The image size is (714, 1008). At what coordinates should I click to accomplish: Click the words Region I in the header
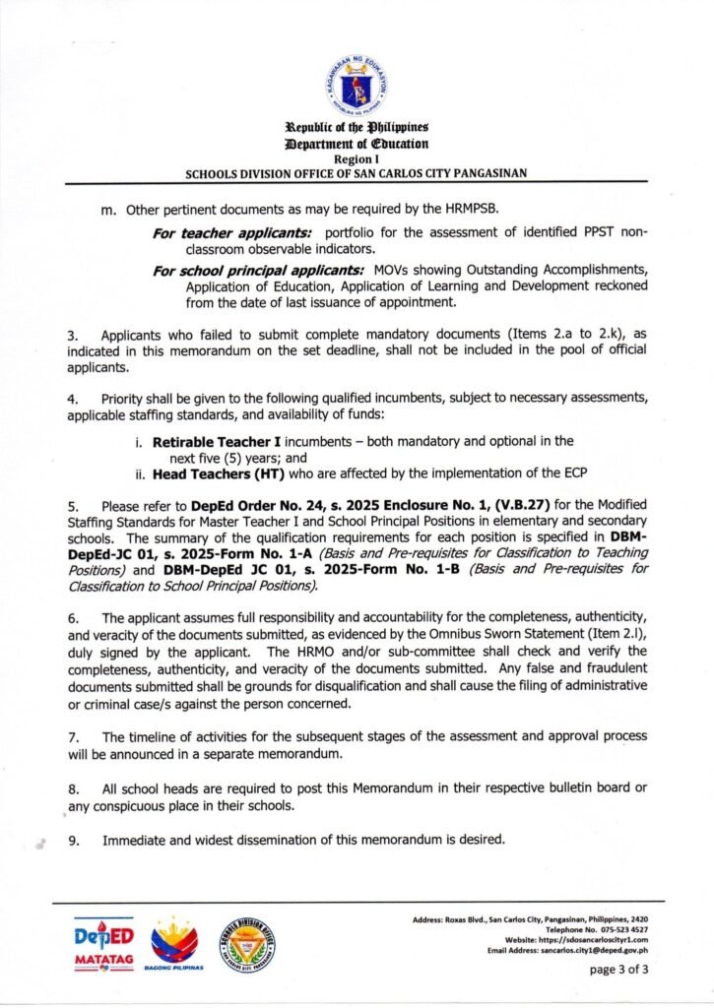(x=357, y=158)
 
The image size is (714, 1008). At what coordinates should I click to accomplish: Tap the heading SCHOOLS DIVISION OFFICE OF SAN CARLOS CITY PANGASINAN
(x=357, y=172)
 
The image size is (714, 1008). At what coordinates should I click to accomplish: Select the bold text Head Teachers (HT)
(x=207, y=472)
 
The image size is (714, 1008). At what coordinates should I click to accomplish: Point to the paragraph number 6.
(x=58, y=616)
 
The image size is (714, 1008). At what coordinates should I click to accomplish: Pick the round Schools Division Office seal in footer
(x=245, y=945)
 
